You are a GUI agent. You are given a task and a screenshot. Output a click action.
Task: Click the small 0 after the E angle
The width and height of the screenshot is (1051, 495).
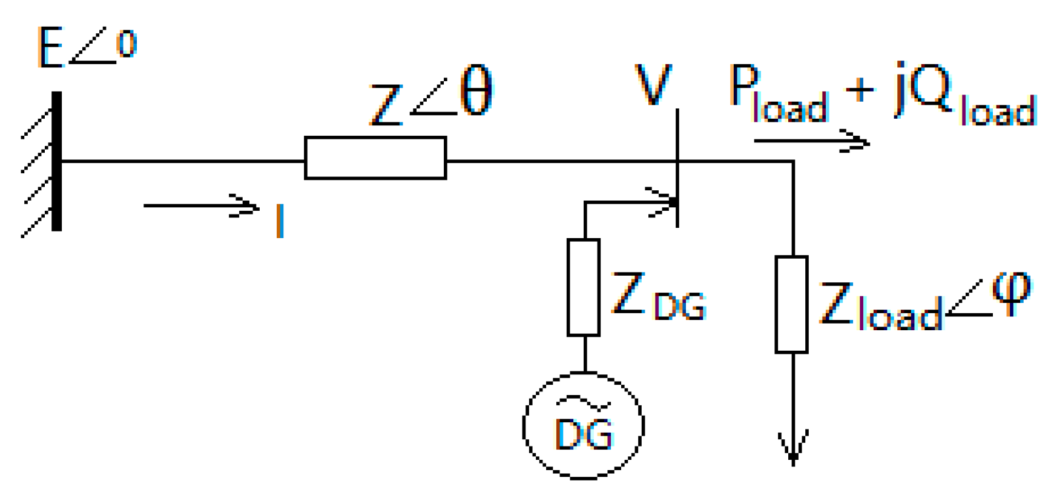(127, 45)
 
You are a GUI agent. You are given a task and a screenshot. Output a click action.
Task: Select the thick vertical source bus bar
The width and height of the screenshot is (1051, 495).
(56, 161)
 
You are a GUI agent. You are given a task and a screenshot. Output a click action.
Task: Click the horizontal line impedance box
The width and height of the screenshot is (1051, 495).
(375, 158)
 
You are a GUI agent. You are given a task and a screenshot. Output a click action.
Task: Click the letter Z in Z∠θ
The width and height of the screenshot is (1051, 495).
(385, 105)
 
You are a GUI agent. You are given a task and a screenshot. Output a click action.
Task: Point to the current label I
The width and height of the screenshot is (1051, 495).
(279, 221)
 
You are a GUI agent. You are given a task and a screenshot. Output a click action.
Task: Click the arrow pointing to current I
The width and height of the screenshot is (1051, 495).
(200, 206)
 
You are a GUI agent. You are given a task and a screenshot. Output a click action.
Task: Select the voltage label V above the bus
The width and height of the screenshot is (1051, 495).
(653, 85)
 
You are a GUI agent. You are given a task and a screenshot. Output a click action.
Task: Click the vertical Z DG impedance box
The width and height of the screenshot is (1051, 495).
(584, 287)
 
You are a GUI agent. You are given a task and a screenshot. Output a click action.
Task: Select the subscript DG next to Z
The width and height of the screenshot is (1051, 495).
(680, 305)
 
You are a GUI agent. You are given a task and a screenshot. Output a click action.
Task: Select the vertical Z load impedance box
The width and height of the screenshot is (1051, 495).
(791, 304)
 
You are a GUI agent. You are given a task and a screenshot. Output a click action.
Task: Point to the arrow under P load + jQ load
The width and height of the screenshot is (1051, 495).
(811, 141)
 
